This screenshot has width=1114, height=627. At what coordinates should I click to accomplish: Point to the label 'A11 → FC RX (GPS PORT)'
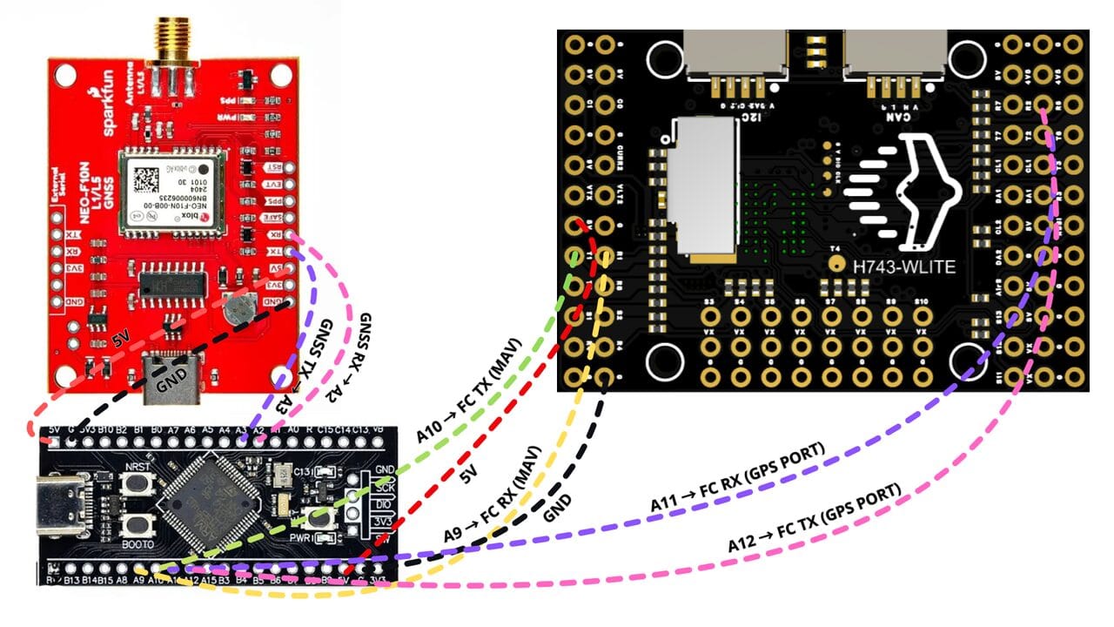pyautogui.click(x=737, y=481)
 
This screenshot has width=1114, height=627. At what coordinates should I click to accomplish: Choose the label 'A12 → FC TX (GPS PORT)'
pyautogui.click(x=814, y=518)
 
